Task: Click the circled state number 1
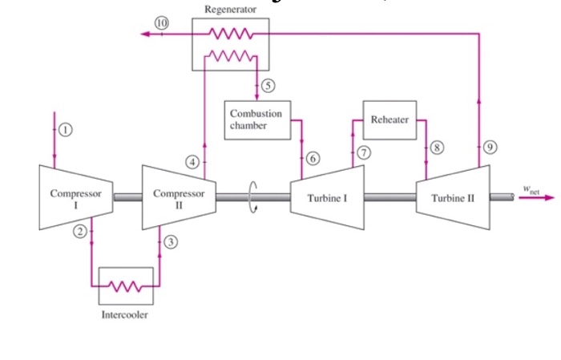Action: tap(66, 129)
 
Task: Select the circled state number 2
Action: tap(79, 232)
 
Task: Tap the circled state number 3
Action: tap(171, 241)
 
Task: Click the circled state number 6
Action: tap(313, 161)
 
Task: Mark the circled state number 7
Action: tap(365, 152)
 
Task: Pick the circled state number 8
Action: tap(437, 148)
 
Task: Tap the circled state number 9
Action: tap(490, 147)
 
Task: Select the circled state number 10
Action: tap(163, 23)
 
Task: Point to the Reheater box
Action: tap(389, 119)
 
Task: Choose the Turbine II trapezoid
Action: tap(453, 197)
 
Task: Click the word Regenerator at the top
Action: tap(231, 10)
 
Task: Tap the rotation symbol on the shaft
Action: tap(256, 196)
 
